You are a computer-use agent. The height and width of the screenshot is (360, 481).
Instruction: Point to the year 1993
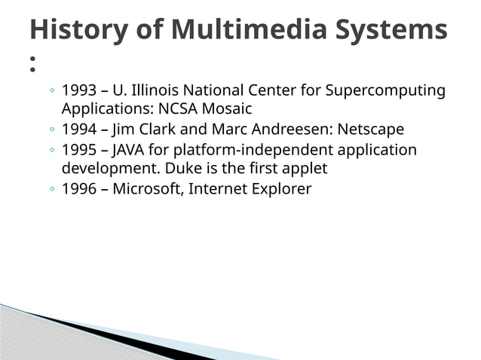click(x=78, y=91)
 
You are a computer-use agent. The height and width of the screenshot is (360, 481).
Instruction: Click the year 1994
click(x=78, y=129)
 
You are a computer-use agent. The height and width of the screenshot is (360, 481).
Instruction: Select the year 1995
click(x=78, y=149)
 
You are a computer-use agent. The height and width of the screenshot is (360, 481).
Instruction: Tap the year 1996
click(x=78, y=188)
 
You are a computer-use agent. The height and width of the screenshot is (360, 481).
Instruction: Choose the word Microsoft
click(x=148, y=188)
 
